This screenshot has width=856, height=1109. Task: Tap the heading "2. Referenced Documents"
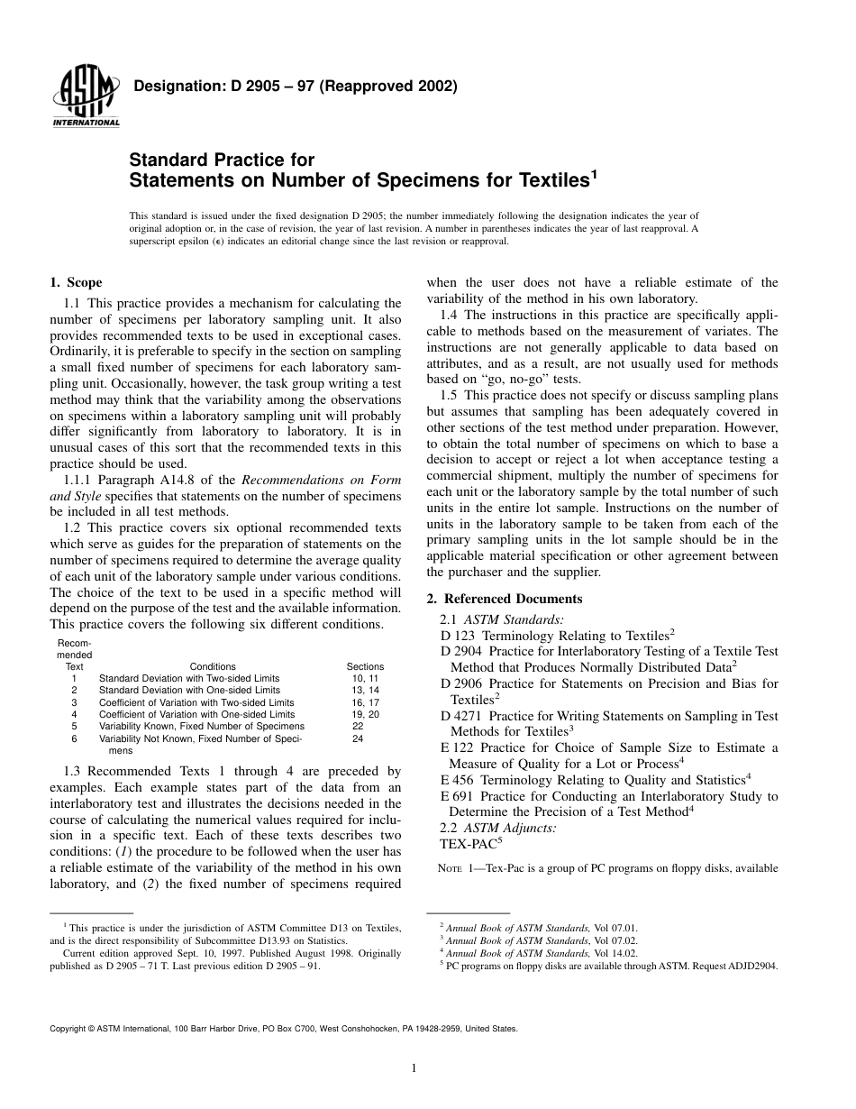pyautogui.click(x=504, y=599)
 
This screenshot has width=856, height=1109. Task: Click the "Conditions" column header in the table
pyautogui.click(x=213, y=666)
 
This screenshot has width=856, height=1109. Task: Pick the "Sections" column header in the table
pyautogui.click(x=365, y=666)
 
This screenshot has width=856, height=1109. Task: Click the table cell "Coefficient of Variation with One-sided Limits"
pyautogui.click(x=196, y=714)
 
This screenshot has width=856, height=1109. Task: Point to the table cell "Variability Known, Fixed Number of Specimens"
pyautogui.click(x=201, y=726)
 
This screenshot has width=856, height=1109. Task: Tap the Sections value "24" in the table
pyautogui.click(x=358, y=738)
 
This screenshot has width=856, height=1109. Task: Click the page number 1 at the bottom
pyautogui.click(x=412, y=1069)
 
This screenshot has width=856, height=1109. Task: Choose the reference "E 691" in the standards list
pyautogui.click(x=457, y=796)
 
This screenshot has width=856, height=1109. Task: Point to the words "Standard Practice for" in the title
pyautogui.click(x=222, y=160)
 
